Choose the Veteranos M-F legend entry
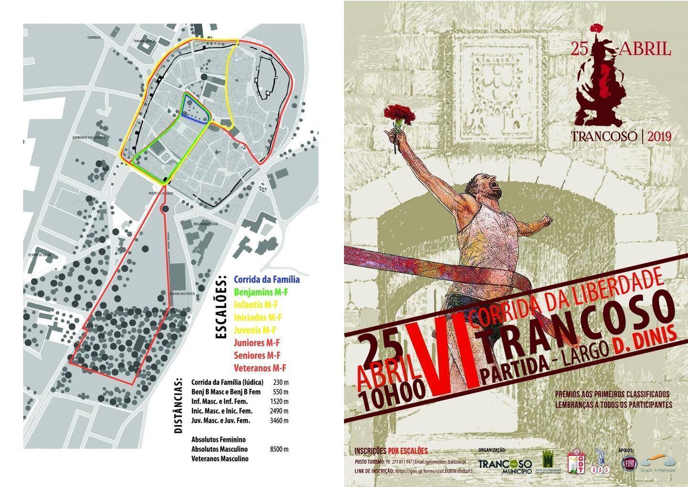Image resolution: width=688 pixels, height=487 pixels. pos(259,368)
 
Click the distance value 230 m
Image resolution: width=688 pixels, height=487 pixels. pos(281,382)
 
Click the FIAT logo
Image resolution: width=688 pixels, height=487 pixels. pos(628,463)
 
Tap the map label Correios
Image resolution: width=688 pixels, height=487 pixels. pos(94,37)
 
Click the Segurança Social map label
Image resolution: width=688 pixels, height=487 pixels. pos(206,224)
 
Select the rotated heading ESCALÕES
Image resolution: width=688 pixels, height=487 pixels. pos(220,307)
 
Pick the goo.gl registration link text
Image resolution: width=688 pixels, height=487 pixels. pos(432,471)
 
